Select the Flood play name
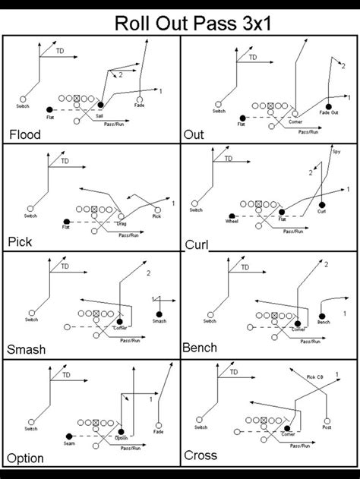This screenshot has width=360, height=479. coord(24,135)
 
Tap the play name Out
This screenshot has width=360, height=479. coord(194,135)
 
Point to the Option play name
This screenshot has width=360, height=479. coord(26,459)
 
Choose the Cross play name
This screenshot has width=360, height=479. coord(201,455)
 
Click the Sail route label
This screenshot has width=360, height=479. coord(99,115)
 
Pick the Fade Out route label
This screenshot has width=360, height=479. coord(329,112)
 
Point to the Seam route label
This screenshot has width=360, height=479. coord(68,443)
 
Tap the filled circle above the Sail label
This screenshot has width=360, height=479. coord(100,105)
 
